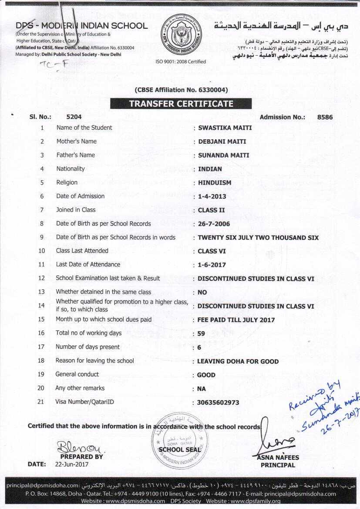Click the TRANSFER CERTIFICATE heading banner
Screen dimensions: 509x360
tap(181, 104)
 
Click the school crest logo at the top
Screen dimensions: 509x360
tap(180, 35)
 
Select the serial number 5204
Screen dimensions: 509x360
tap(74, 117)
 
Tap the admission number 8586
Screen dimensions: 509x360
tap(325, 117)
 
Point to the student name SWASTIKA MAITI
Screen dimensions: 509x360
tap(225, 128)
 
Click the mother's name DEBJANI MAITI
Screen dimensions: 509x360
tap(222, 141)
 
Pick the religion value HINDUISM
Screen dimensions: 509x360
tap(215, 182)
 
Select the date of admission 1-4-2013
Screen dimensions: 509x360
tap(212, 196)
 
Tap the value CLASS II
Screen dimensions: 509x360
tap(211, 210)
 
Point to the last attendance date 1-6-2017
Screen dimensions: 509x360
tap(212, 265)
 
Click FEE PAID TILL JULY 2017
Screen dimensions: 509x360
tap(236, 320)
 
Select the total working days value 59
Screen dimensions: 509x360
tap(202, 334)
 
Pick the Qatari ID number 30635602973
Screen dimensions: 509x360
tap(218, 402)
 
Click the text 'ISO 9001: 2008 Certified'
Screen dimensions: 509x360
tap(181, 61)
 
